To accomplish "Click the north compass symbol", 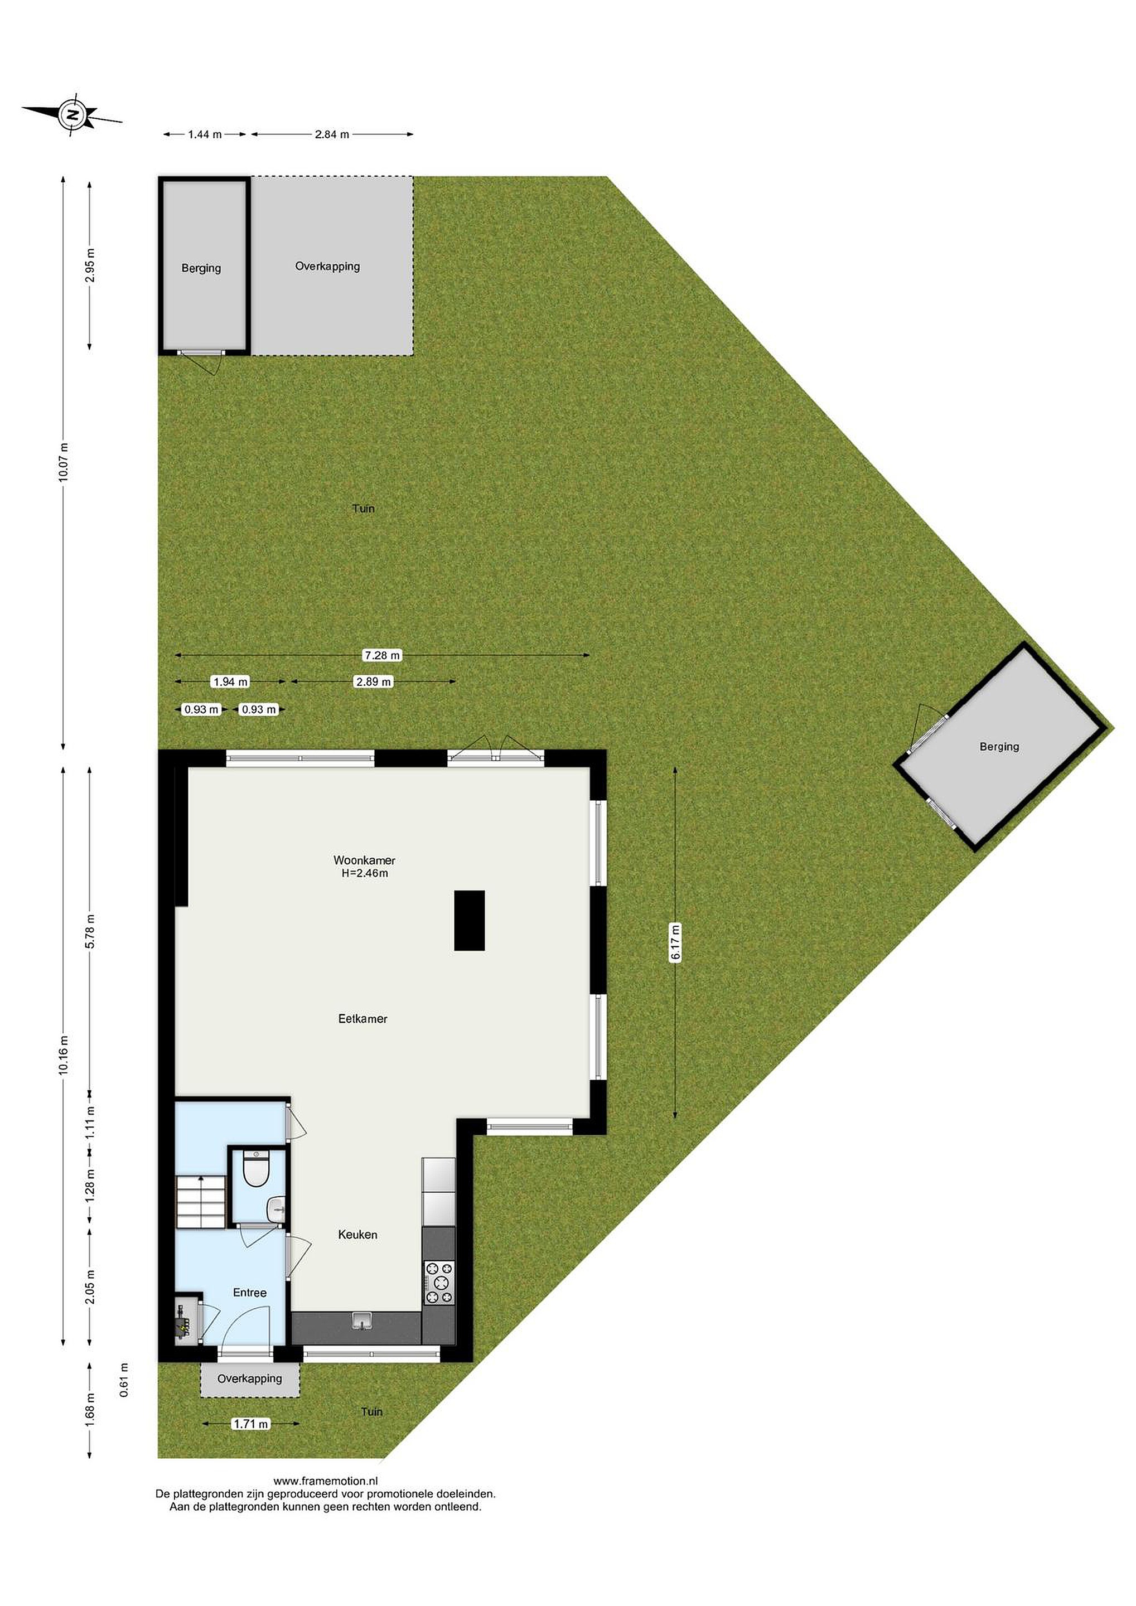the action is (72, 113).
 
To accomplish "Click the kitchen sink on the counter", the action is (362, 1320).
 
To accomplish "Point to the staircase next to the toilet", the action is (201, 1201).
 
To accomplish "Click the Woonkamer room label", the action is (364, 860).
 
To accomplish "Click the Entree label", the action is (250, 1293).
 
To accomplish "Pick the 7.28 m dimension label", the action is (382, 655).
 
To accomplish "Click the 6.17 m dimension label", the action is (675, 943).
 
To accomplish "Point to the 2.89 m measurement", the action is (373, 681).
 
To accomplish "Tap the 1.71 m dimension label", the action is (250, 1424).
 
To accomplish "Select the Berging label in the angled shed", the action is (999, 747).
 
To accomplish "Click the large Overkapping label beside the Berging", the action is (327, 267).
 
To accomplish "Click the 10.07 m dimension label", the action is (64, 462).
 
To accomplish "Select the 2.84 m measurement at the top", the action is (332, 134).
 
